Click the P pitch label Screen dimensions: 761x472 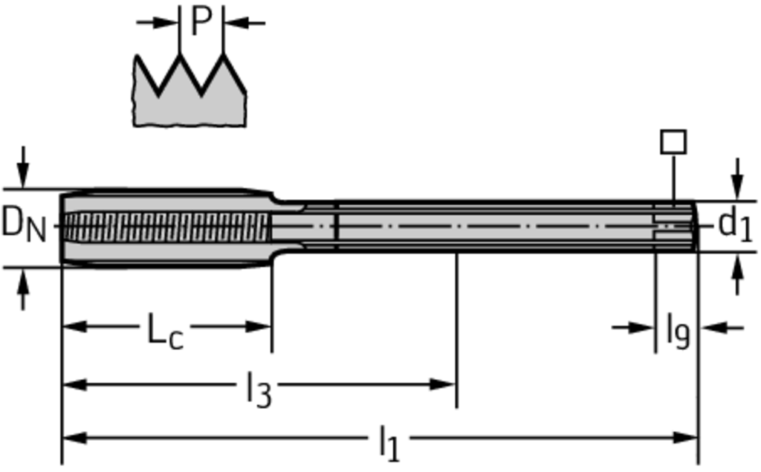(201, 22)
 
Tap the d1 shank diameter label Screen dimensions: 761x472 (734, 225)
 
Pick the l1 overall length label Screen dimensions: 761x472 (389, 444)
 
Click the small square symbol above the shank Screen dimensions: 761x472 (673, 142)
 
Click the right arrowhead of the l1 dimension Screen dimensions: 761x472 (685, 438)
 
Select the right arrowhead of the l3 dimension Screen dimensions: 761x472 (443, 385)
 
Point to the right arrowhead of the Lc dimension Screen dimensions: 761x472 (258, 326)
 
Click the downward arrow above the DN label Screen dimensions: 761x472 (23, 167)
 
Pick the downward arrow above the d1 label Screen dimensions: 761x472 (738, 178)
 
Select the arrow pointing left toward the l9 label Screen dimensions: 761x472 (723, 328)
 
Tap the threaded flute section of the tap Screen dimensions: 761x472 (166, 227)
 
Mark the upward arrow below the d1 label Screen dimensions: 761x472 (738, 274)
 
